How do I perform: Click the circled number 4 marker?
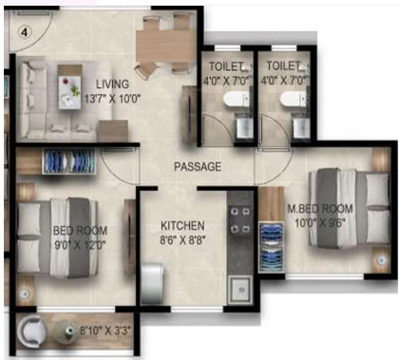click(25, 29)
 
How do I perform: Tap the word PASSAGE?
click(198, 166)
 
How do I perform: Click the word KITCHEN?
click(183, 225)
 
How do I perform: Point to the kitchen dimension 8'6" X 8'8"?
click(183, 240)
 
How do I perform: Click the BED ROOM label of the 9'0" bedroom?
click(80, 231)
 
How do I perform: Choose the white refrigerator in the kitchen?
click(155, 282)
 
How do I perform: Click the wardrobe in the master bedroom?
click(271, 242)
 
